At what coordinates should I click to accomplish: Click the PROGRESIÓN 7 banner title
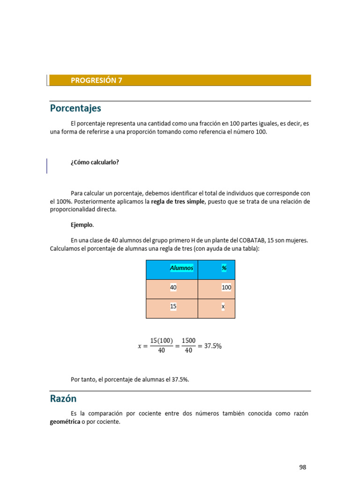coord(96,80)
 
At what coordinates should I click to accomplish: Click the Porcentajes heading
coord(75,108)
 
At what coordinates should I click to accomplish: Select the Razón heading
coord(63,399)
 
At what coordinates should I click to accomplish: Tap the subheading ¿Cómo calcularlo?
coord(95,162)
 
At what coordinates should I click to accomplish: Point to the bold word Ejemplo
coord(82,225)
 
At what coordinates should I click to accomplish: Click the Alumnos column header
coord(181,268)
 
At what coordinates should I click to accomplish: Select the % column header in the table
coord(224,268)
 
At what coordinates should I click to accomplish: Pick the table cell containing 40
coord(173,287)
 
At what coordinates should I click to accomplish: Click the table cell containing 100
coord(226,287)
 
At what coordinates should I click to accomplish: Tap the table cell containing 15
coord(173,306)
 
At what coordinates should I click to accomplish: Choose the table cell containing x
coord(223,306)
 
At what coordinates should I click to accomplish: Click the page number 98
coord(302,467)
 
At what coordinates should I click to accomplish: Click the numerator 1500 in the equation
coord(188,341)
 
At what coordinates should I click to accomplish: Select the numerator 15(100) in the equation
coord(162,341)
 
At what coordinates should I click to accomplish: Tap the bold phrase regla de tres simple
coord(178,202)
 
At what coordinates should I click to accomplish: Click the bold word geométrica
coord(65,422)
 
